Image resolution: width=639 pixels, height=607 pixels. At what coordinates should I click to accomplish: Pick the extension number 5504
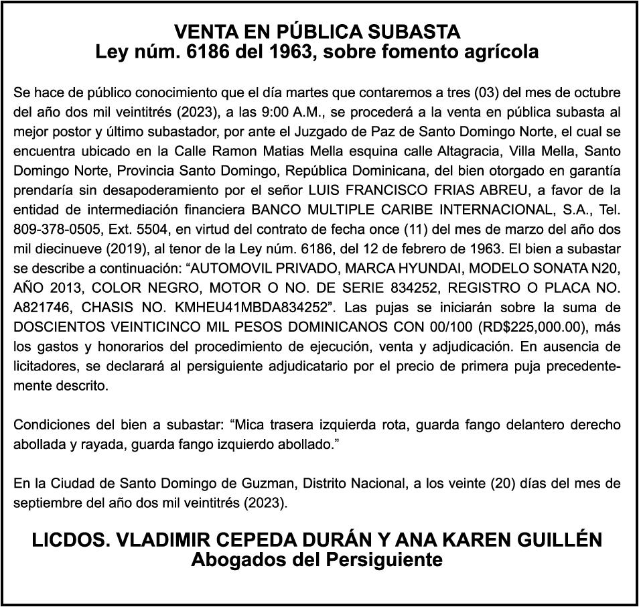[x=148, y=228]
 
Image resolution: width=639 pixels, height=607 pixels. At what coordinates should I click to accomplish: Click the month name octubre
[x=598, y=90]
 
